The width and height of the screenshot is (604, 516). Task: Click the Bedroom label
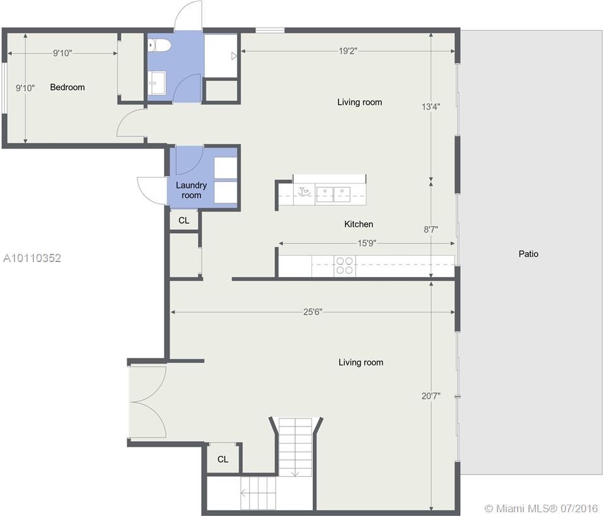point(67,88)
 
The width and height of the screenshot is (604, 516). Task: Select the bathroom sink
point(157,82)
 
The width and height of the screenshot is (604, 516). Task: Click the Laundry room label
point(192,190)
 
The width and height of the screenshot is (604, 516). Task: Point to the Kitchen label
point(359,224)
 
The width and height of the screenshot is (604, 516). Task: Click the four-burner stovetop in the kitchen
point(344,265)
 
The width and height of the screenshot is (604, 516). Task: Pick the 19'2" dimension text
point(348,51)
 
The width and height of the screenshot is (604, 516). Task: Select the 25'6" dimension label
point(312,312)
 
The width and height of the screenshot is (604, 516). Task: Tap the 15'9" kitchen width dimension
point(367,243)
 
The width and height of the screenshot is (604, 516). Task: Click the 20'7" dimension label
point(431,396)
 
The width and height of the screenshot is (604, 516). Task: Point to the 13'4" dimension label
point(431,106)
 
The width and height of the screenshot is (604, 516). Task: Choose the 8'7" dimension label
point(431,229)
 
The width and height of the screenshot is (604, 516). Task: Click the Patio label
point(528,254)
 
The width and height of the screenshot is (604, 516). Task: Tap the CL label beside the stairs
point(223,459)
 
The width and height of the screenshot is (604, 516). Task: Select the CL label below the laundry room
point(183,221)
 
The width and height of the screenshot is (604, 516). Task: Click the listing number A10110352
point(32,258)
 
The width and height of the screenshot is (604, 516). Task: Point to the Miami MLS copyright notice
point(541,508)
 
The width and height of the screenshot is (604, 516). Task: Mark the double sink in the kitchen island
point(333,194)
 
